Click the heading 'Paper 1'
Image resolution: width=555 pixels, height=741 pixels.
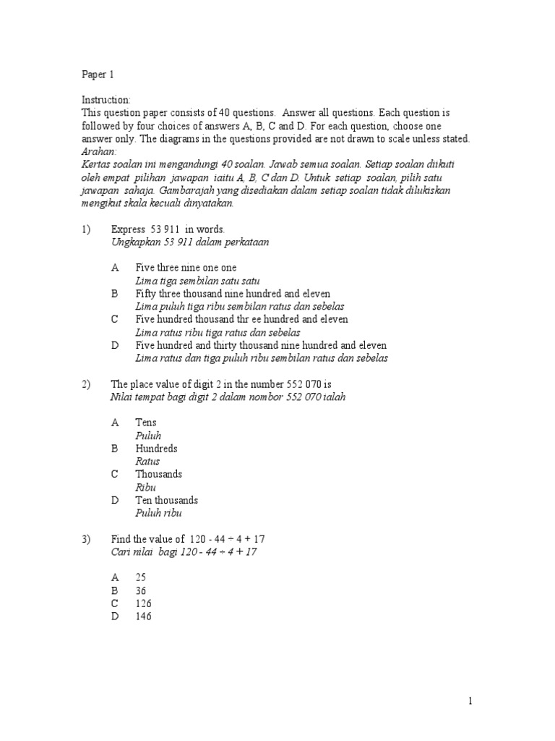click(x=96, y=75)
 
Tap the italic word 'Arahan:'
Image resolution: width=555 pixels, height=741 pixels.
click(x=98, y=152)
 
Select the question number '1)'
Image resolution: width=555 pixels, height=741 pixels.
click(x=86, y=229)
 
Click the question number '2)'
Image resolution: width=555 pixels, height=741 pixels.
click(x=86, y=384)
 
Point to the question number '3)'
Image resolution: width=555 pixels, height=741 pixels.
click(x=86, y=539)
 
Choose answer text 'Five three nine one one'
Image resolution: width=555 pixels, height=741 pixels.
click(x=186, y=268)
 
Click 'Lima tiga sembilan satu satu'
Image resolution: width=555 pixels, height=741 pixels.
click(x=197, y=281)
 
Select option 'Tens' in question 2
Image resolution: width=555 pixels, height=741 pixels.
click(x=145, y=423)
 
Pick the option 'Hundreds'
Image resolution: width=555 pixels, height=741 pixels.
click(x=156, y=449)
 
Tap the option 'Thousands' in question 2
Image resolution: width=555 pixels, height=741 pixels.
click(x=158, y=474)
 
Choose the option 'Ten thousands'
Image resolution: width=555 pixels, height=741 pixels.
click(x=166, y=500)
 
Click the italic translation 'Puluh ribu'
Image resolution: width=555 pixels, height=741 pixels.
click(x=159, y=513)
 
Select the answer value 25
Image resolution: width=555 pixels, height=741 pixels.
click(x=141, y=577)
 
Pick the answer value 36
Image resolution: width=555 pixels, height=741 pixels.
click(x=141, y=590)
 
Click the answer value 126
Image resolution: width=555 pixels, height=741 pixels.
click(x=143, y=604)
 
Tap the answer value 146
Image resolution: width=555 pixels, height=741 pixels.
click(x=143, y=617)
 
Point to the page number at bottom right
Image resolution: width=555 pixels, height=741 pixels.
click(x=470, y=700)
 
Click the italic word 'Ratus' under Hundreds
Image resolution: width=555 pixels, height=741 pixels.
click(x=147, y=462)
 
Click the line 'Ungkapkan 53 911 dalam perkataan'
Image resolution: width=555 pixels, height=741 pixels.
click(x=189, y=242)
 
